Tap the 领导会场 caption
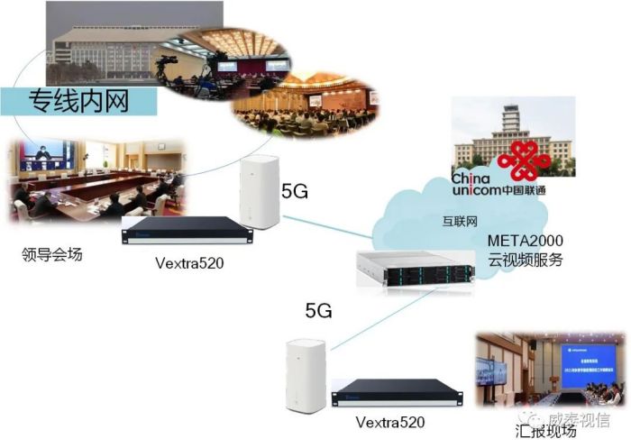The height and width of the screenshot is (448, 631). point(51,255)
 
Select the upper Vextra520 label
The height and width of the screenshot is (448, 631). point(186,263)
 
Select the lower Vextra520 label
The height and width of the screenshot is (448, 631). point(389,421)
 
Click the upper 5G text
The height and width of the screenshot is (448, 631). point(295,192)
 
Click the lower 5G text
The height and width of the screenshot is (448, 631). point(318,312)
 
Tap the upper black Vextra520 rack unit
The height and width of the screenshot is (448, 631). point(187,229)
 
